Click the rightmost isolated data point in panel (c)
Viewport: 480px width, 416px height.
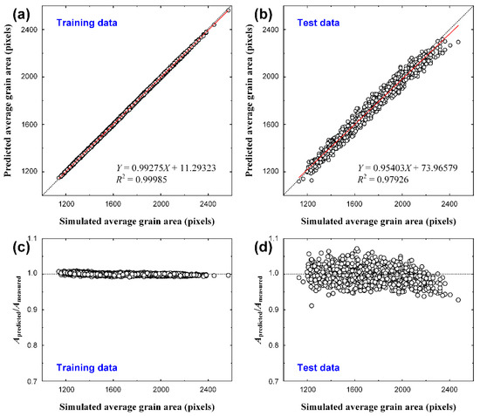[x=228, y=275]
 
